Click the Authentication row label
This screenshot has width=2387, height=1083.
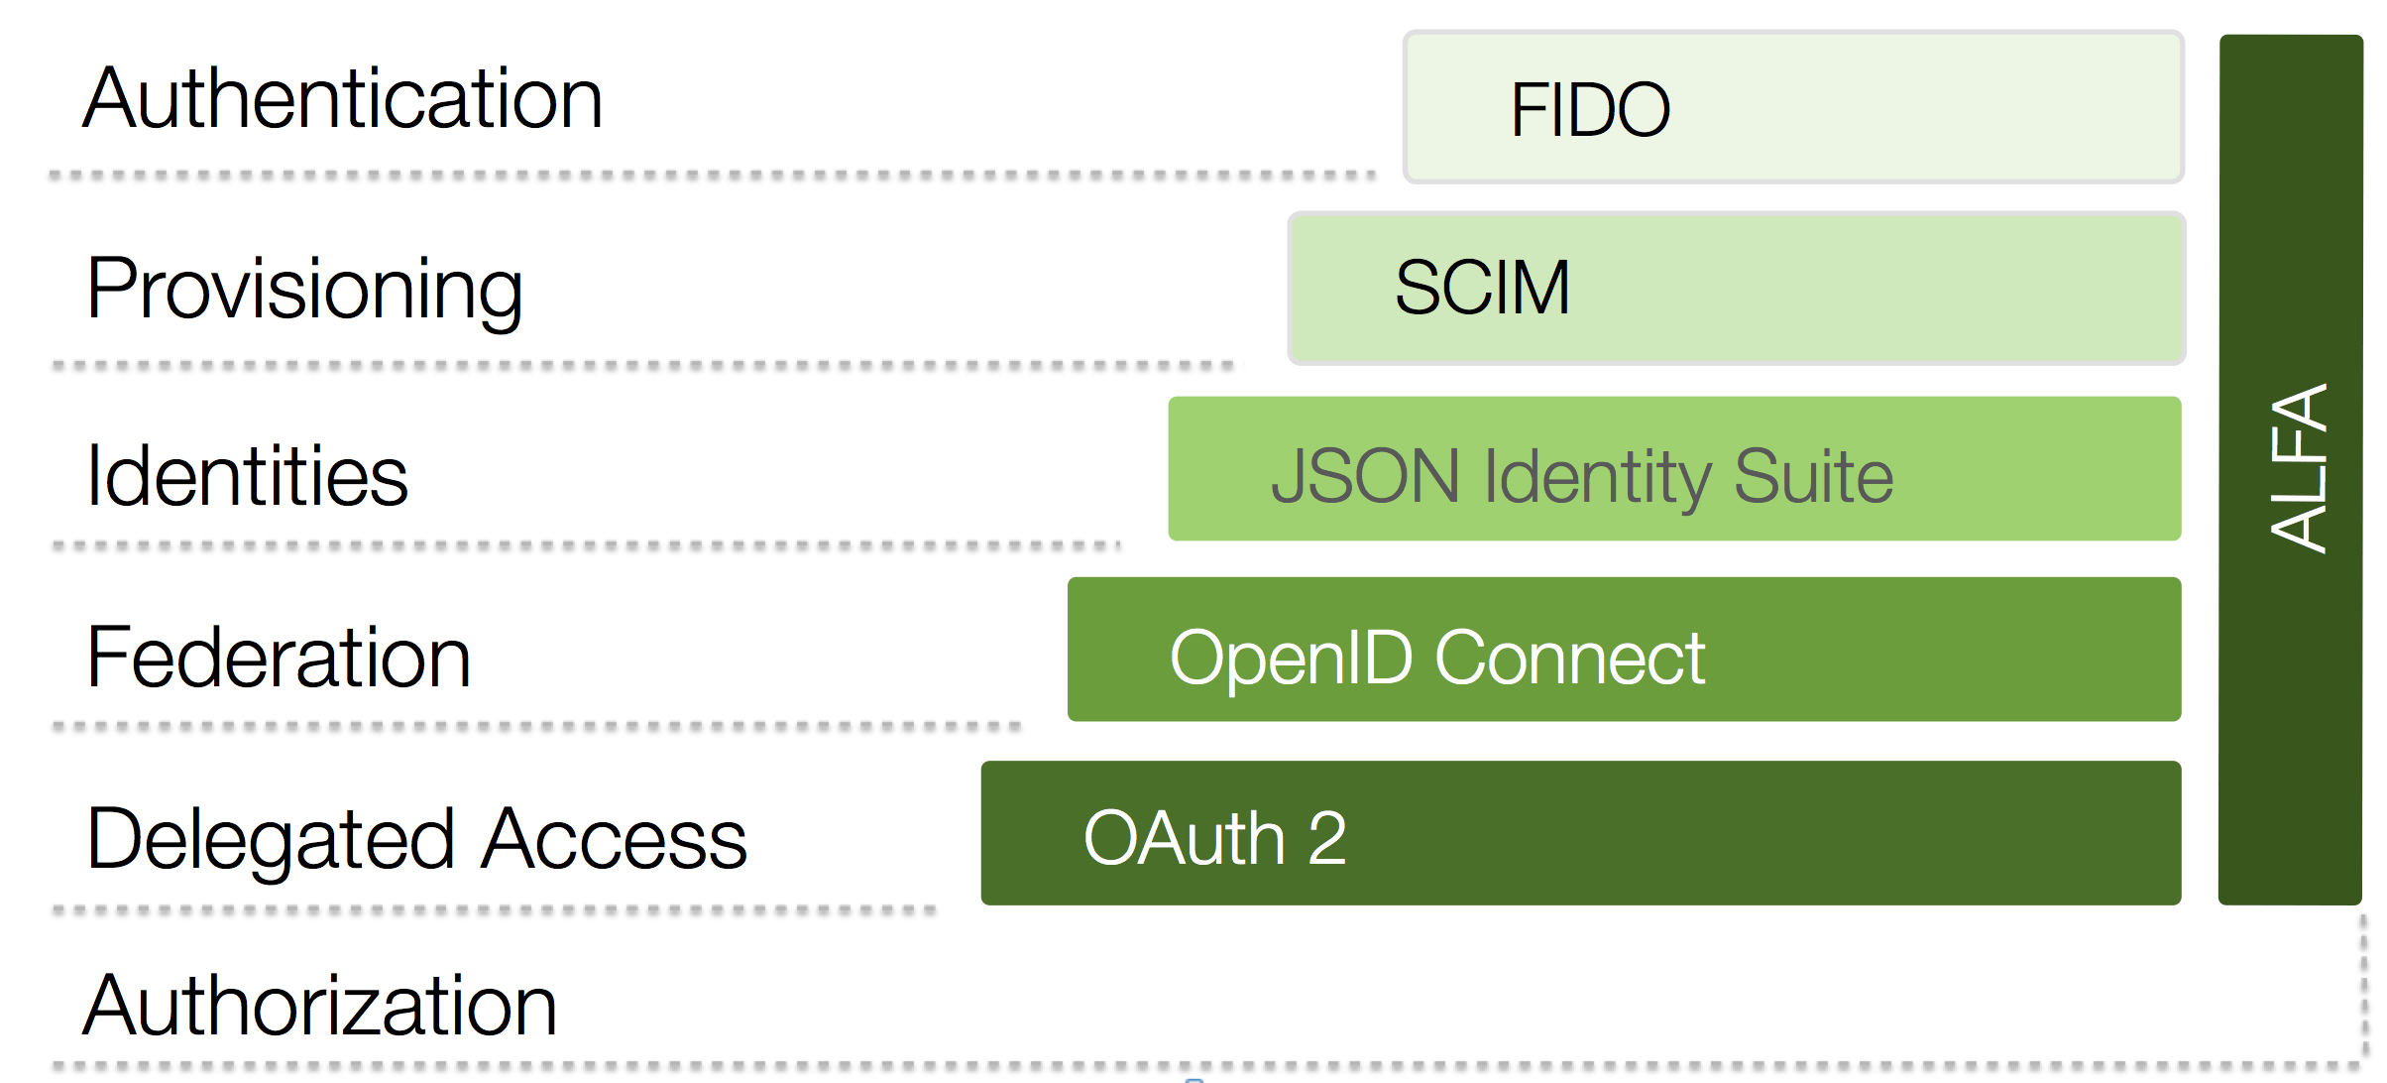[x=342, y=100]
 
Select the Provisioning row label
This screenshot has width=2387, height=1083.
[x=304, y=290]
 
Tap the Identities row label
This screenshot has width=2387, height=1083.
[x=247, y=477]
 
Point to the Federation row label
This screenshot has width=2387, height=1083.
[x=279, y=658]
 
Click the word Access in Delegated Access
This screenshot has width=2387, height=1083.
[x=615, y=839]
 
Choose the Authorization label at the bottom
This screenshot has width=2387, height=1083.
[x=319, y=1006]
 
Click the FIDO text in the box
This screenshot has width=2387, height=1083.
[x=1589, y=110]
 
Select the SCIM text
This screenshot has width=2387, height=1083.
[x=1481, y=289]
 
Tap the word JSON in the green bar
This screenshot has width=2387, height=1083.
[x=1364, y=477]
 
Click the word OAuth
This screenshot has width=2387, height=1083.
[x=1185, y=839]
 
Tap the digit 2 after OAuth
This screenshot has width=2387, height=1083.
[x=1327, y=839]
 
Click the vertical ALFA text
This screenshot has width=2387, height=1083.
[x=2298, y=468]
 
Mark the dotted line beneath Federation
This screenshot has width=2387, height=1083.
[x=535, y=727]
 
